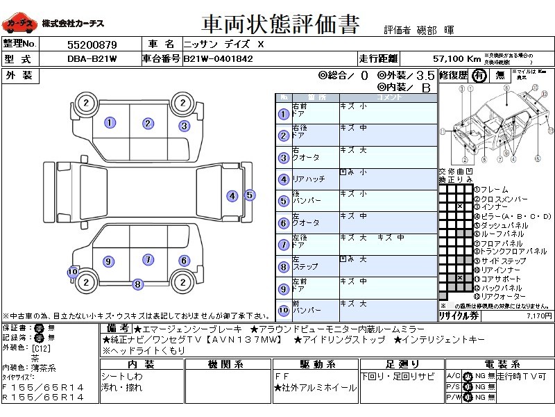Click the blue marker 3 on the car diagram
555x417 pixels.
click(x=184, y=126)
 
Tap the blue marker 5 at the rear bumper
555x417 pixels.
click(x=250, y=195)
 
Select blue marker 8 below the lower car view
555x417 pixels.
click(x=138, y=284)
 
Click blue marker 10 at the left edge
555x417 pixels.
click(x=72, y=272)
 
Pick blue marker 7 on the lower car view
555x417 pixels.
click(x=148, y=259)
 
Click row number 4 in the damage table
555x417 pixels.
click(x=283, y=179)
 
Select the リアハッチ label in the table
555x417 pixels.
click(x=309, y=179)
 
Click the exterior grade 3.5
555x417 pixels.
click(x=426, y=75)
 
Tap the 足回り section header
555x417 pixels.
click(x=402, y=364)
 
